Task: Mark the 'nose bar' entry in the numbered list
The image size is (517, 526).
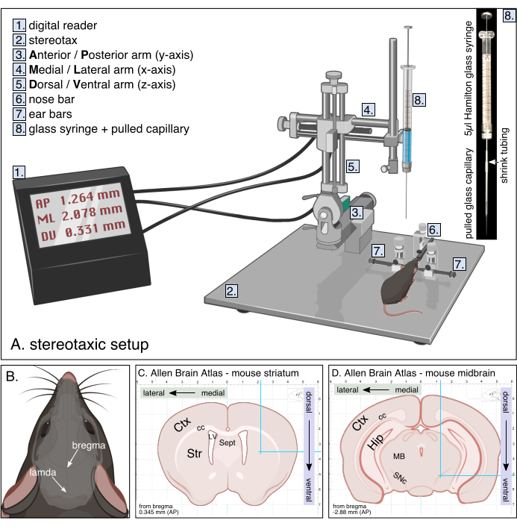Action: tap(54, 99)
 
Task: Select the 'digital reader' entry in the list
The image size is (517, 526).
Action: tap(63, 25)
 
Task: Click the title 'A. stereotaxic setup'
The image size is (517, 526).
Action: tap(81, 345)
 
